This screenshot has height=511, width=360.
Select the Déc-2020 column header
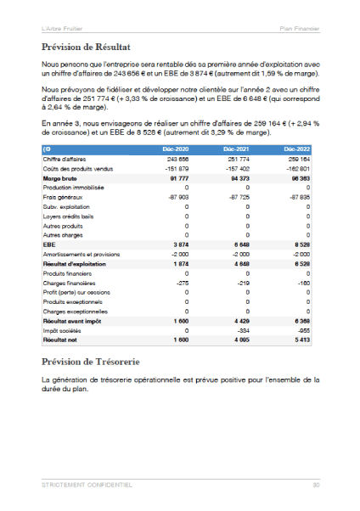tap(175, 149)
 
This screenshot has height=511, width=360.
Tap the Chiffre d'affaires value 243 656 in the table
tap(177, 159)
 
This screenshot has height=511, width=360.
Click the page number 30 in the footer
tap(315, 485)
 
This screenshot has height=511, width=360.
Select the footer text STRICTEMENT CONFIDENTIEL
tap(87, 485)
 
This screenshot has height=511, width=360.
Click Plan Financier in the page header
tap(300, 28)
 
